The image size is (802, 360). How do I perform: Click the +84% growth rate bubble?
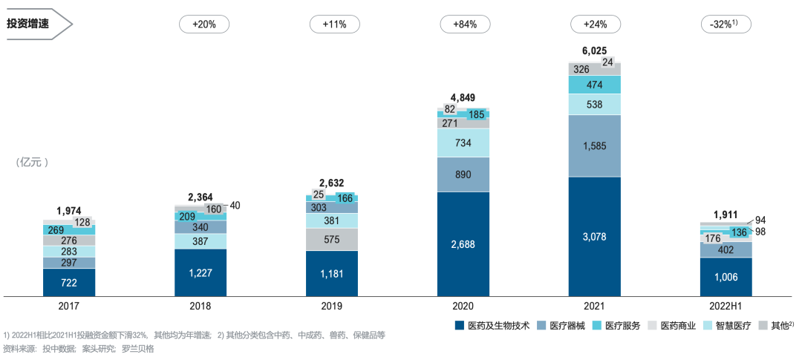click(x=465, y=24)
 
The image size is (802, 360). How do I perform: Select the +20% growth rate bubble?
click(x=203, y=24)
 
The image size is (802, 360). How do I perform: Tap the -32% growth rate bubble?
click(x=726, y=24)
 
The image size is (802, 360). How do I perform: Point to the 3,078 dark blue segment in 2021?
click(x=595, y=236)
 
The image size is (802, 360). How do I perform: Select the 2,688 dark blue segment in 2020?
click(x=463, y=243)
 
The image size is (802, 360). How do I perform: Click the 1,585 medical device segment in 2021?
click(x=595, y=145)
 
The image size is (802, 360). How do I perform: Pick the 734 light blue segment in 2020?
click(x=463, y=143)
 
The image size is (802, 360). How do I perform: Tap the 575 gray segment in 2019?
click(x=332, y=240)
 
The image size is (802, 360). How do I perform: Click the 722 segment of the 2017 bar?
click(x=69, y=283)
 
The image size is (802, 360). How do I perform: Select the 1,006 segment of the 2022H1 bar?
click(x=726, y=277)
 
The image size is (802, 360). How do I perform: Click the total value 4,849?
click(x=463, y=97)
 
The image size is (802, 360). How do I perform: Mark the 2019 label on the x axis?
click(x=332, y=305)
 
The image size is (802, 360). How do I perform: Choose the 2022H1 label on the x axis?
click(x=726, y=305)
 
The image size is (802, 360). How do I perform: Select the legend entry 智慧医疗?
click(x=731, y=325)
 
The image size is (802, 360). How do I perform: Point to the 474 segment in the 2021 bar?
click(x=595, y=85)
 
